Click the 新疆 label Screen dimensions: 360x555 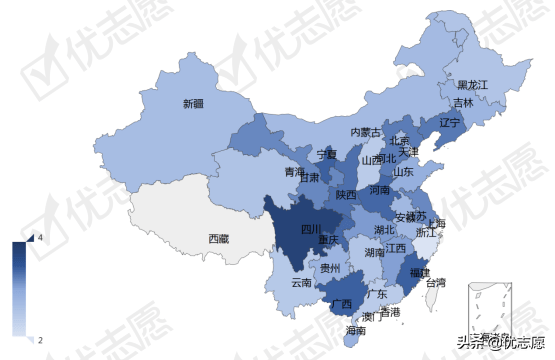(193, 103)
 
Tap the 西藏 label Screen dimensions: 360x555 (219, 238)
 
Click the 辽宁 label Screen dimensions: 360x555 (449, 122)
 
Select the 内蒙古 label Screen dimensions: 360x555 (365, 132)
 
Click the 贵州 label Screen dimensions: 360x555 (330, 268)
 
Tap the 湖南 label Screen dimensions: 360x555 (375, 253)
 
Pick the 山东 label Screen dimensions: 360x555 (403, 171)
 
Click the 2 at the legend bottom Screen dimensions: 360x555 (38, 341)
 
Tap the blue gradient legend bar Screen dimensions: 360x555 (19, 288)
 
